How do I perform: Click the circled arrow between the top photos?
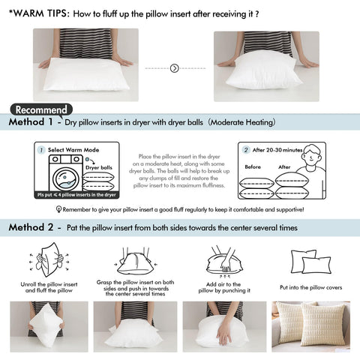point(174,67)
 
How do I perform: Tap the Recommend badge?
point(43,109)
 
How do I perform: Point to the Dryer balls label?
point(98,167)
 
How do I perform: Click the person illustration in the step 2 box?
point(315,169)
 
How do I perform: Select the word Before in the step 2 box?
point(253,167)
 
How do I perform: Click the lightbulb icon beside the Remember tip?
point(58,210)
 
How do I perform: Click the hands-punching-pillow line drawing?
point(222,259)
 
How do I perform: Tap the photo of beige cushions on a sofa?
point(311,327)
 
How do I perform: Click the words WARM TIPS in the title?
point(37,13)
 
